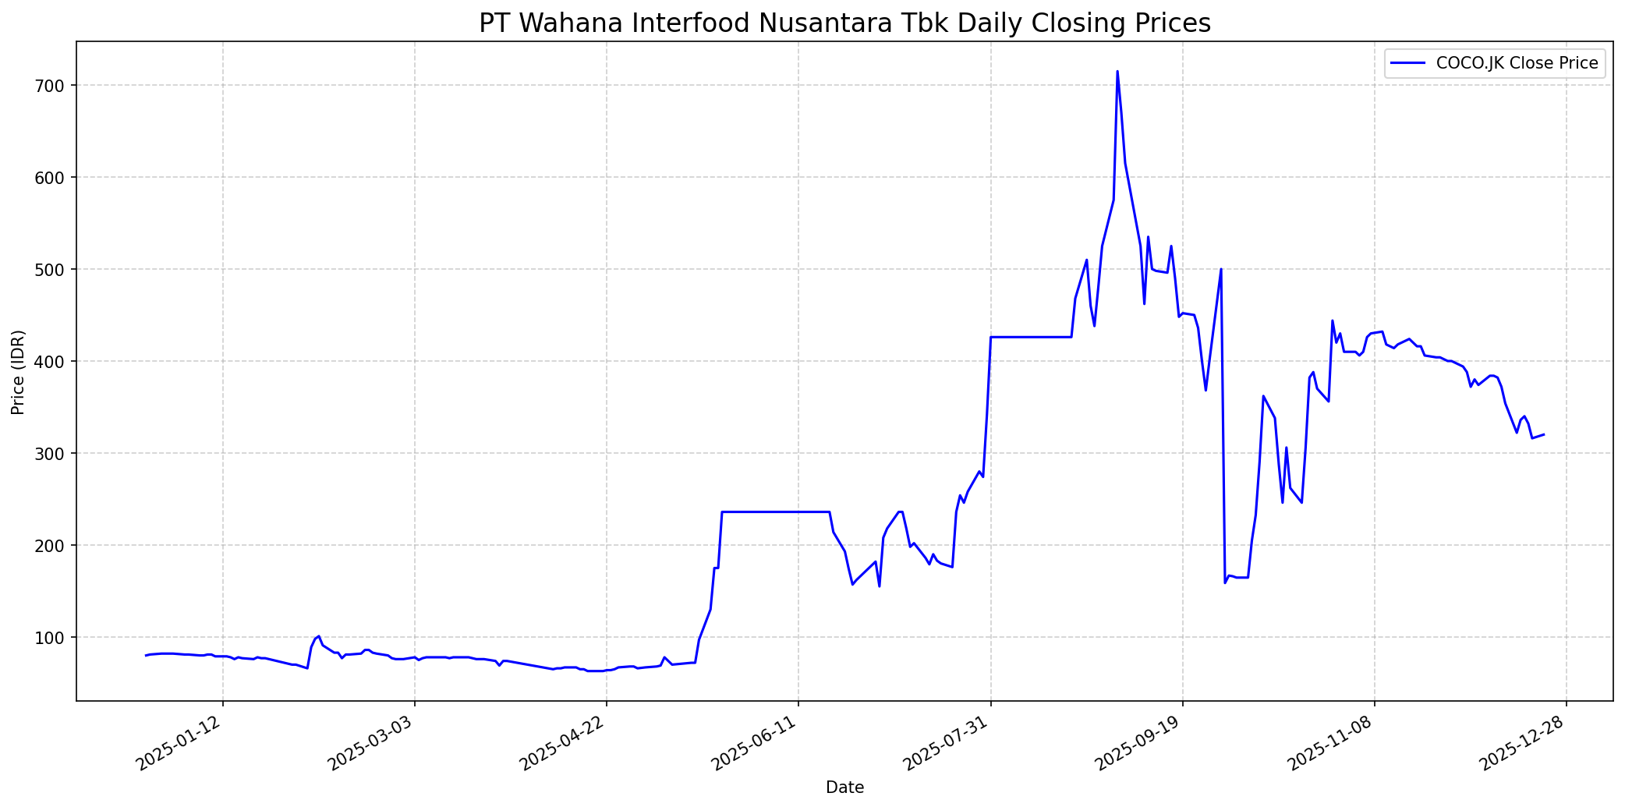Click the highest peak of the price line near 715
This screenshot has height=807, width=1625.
click(x=1117, y=72)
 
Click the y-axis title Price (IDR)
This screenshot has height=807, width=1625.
click(x=18, y=372)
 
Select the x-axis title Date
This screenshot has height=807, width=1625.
click(x=844, y=788)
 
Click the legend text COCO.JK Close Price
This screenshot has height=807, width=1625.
click(x=1517, y=63)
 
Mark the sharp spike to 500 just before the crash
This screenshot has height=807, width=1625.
click(x=1220, y=270)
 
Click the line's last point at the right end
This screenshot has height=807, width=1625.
click(x=1544, y=434)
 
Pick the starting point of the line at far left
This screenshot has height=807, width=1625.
click(x=146, y=656)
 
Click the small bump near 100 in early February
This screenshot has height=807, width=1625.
click(x=318, y=636)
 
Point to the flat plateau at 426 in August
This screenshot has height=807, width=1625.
click(x=1029, y=337)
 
